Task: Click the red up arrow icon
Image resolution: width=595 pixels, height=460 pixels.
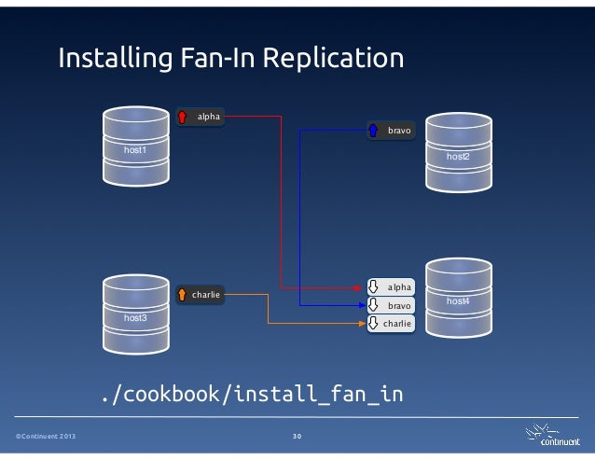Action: tap(183, 118)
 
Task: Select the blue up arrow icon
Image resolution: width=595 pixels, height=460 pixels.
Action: tap(373, 132)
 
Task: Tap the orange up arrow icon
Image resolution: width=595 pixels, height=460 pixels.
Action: tap(183, 295)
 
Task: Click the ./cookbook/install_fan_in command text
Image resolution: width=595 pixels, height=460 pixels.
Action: tap(252, 394)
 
